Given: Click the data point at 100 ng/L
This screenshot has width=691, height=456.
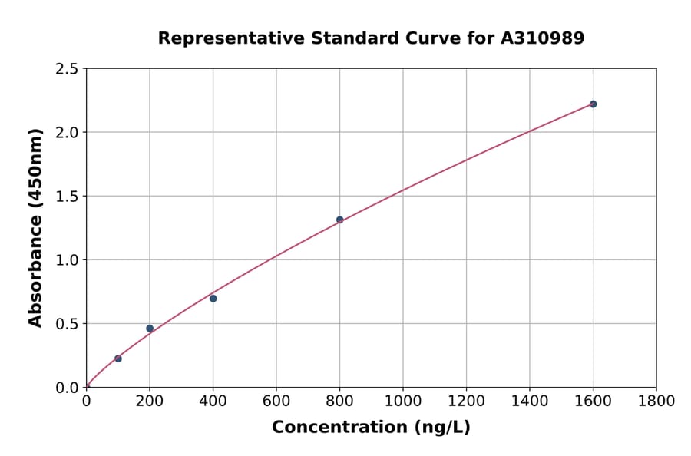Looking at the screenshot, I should [x=118, y=359].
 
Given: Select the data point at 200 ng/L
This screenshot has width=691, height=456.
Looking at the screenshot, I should [x=150, y=329].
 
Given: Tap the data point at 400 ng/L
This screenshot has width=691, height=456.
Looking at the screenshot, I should [x=213, y=299].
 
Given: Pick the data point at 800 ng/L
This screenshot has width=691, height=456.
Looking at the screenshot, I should [x=339, y=220].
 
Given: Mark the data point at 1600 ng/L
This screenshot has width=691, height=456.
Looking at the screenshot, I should [x=593, y=104].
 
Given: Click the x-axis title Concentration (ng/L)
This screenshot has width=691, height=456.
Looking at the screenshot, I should [x=371, y=427].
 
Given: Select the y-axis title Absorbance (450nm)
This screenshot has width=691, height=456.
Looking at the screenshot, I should [x=35, y=227].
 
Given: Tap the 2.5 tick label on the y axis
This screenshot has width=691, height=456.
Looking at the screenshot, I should [x=68, y=69].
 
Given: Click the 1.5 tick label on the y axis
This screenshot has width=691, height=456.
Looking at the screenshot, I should [x=68, y=197].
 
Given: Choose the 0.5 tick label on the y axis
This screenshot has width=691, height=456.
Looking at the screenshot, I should [x=68, y=324].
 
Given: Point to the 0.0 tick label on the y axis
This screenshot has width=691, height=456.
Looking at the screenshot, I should [x=68, y=388].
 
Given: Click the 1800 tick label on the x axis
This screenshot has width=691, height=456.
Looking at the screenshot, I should [x=656, y=401].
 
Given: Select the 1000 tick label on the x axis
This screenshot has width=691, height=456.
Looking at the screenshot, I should [x=402, y=401].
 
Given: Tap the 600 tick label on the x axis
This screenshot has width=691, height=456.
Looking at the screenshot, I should [x=276, y=401].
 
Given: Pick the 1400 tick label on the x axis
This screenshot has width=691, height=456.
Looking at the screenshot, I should [x=529, y=401].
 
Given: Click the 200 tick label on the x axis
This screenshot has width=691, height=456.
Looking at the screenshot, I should [x=150, y=401].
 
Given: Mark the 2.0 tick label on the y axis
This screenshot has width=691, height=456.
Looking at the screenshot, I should [x=68, y=133].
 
